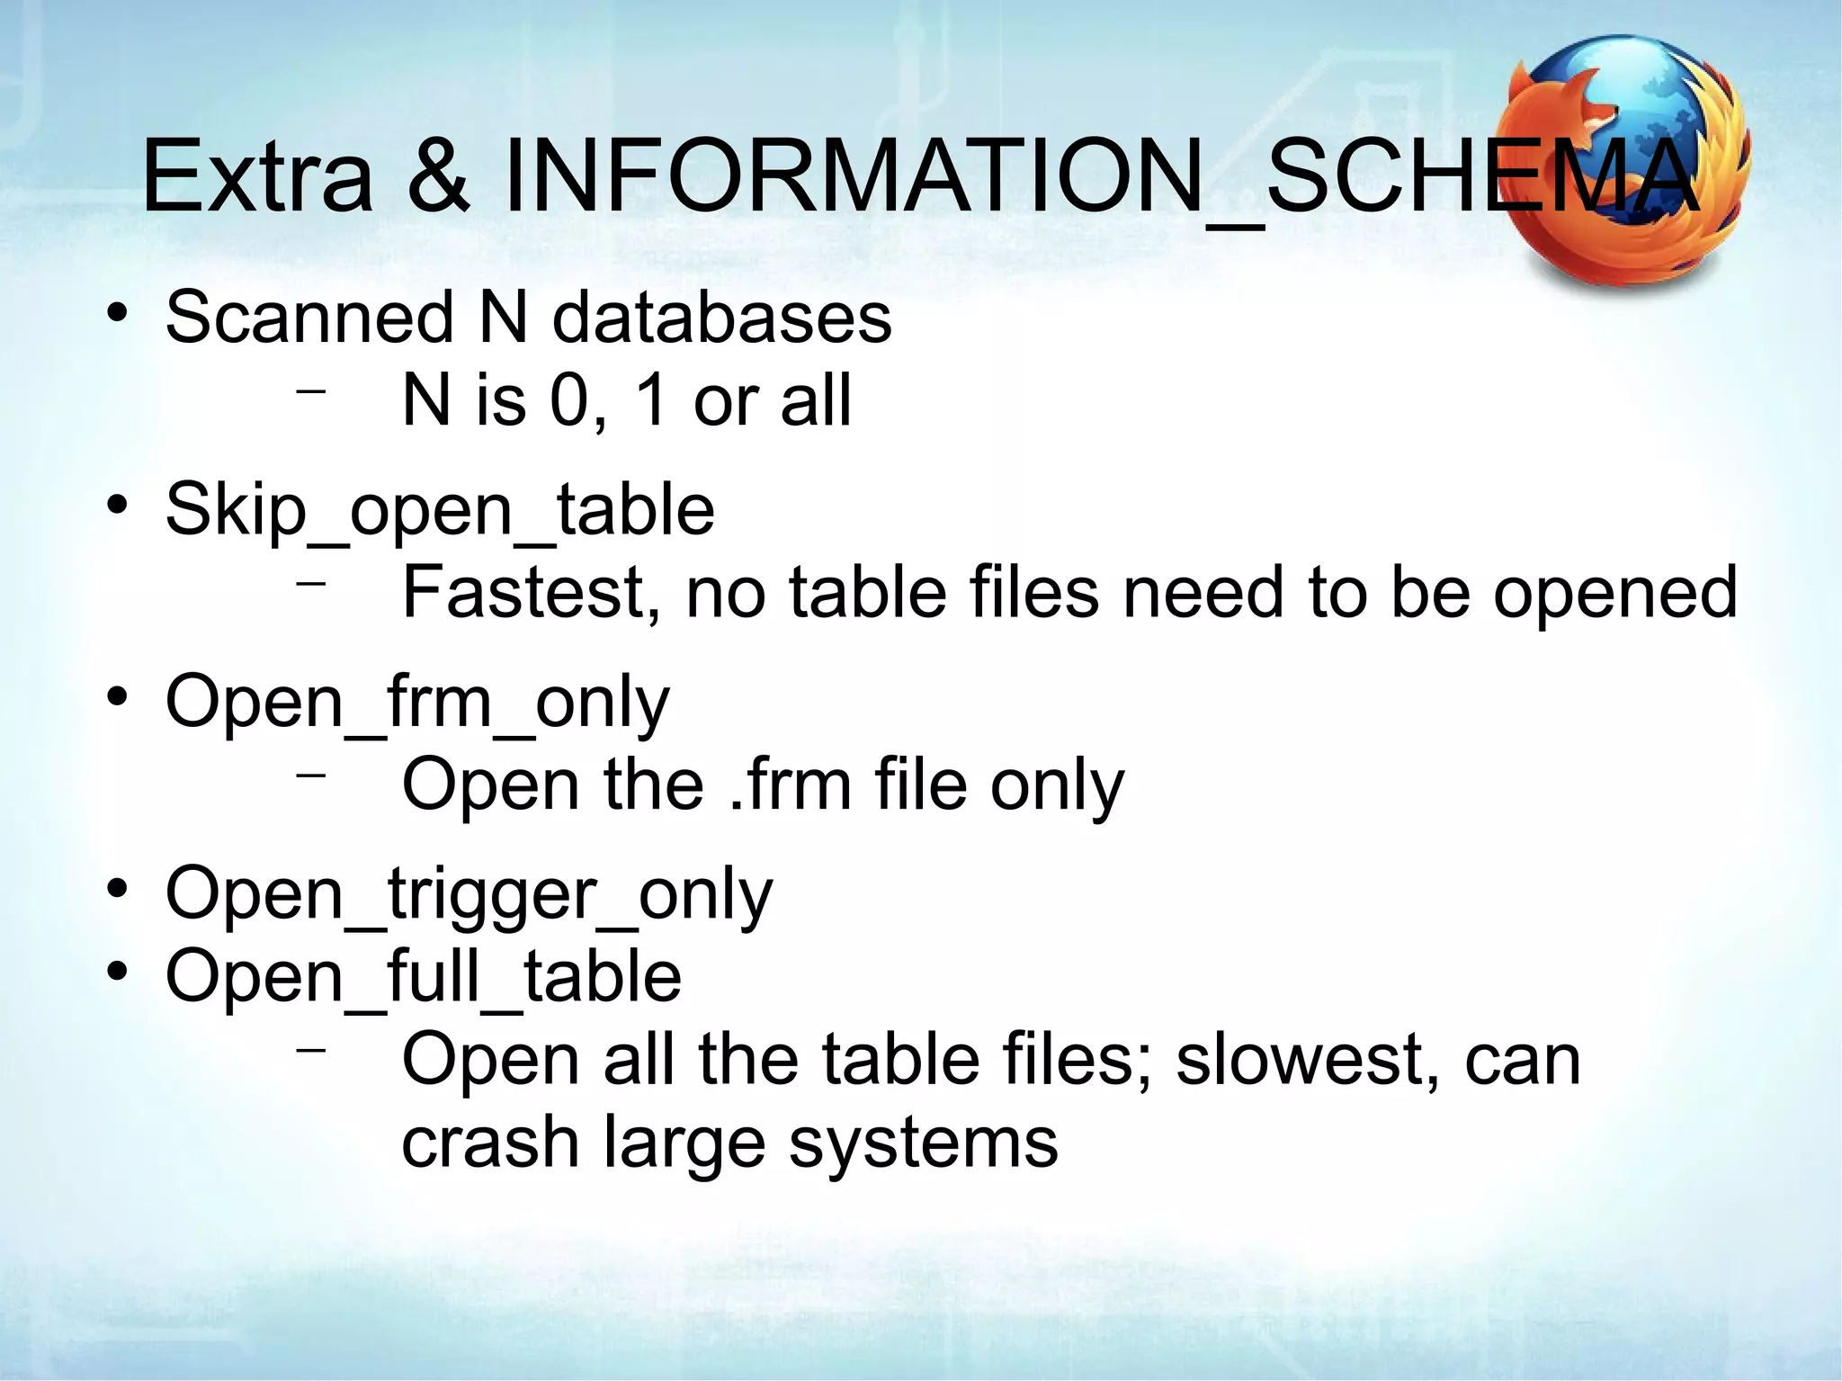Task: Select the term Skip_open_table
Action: (x=440, y=511)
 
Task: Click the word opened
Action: (x=1615, y=595)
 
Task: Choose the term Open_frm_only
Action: (x=417, y=704)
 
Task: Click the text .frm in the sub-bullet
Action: (x=790, y=785)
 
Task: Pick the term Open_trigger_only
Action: (x=469, y=896)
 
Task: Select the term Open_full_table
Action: (x=424, y=977)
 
